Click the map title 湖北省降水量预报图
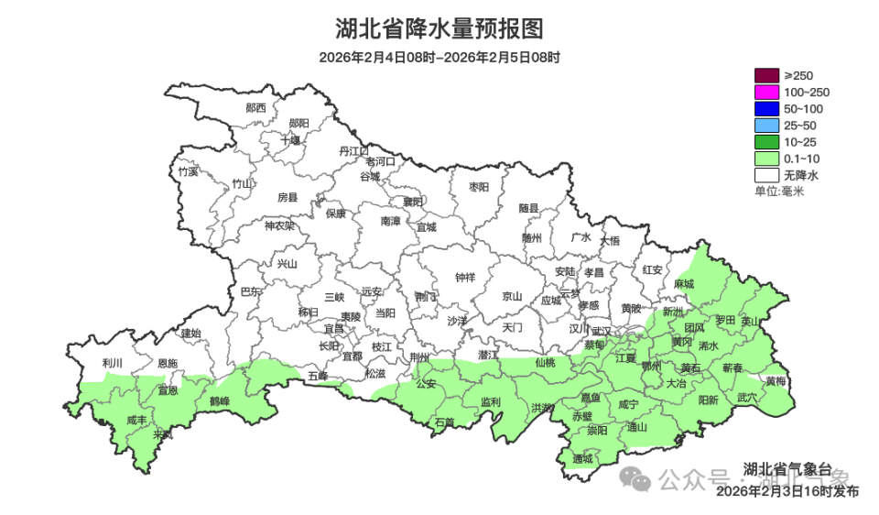coord(439,28)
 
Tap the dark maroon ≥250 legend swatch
coord(765,75)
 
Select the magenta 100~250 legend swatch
coord(765,92)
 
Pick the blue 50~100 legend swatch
coord(765,108)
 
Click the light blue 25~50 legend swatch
coord(765,125)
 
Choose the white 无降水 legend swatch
coord(765,174)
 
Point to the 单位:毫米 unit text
coord(778,191)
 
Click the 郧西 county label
coord(255,107)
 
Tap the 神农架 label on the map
coord(279,225)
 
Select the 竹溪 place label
coord(188,171)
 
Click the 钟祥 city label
coord(465,278)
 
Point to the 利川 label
coord(113,363)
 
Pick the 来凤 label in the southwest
coord(162,434)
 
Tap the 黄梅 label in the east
coord(775,380)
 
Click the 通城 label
coord(582,458)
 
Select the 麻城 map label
coord(683,285)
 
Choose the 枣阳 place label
coord(479,187)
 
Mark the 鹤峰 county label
coord(219,401)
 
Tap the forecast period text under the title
coord(439,57)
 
